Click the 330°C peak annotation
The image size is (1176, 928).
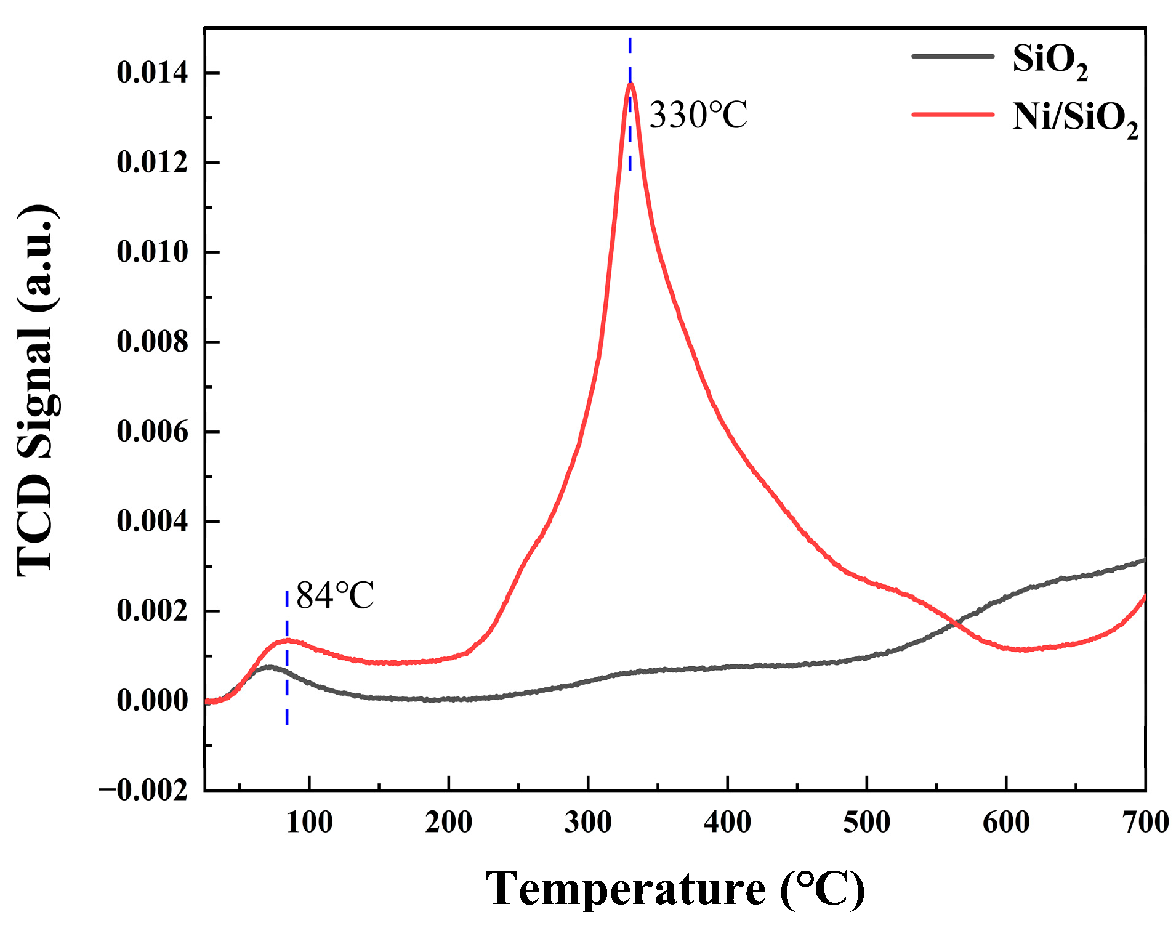(x=698, y=115)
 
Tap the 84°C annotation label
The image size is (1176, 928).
(x=335, y=595)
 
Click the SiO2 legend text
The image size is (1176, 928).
(x=1050, y=62)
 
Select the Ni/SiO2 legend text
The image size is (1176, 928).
(x=1074, y=118)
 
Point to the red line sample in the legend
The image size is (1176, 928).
(x=952, y=114)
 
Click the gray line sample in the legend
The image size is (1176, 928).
(x=952, y=56)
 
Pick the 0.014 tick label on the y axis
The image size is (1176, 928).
(x=152, y=73)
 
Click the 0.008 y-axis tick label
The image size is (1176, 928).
(x=152, y=342)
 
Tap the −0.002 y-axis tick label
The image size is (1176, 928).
(x=143, y=791)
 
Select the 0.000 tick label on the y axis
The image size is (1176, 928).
(x=152, y=701)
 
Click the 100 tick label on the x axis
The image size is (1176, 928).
(x=309, y=823)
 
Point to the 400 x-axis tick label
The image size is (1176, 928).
(x=727, y=823)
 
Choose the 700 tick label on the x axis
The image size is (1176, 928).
(x=1145, y=823)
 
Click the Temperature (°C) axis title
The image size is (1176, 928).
(x=675, y=889)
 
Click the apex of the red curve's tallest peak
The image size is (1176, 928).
(x=630, y=83)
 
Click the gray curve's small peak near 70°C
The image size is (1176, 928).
(x=269, y=667)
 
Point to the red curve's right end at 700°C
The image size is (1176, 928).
(x=1145, y=596)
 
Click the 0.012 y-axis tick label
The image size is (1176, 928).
(x=152, y=163)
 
